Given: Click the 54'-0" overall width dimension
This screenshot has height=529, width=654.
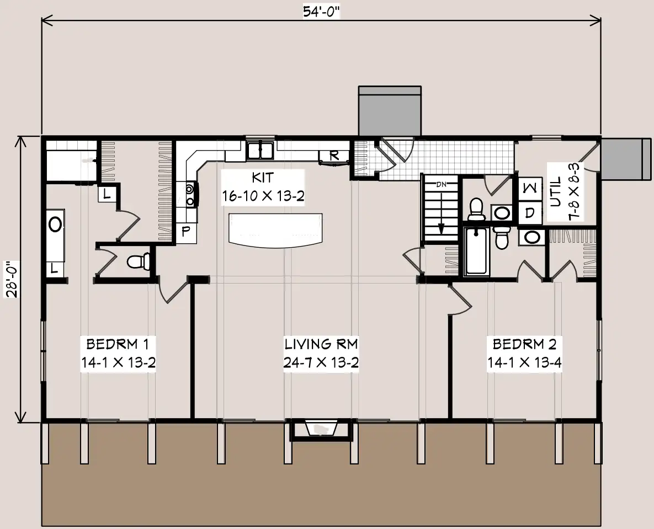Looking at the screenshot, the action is [x=321, y=12].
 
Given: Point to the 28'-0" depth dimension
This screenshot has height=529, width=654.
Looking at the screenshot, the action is [x=12, y=279].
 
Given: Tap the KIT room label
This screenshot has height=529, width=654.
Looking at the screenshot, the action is [x=263, y=178].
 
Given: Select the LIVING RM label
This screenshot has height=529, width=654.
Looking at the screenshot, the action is [x=321, y=344].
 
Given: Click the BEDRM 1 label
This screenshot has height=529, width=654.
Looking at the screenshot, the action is [x=118, y=344].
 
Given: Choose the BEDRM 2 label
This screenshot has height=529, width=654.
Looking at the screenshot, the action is [x=525, y=344].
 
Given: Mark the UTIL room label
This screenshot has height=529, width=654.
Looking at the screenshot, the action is [x=556, y=192].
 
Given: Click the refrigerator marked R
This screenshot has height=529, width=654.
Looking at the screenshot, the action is [x=334, y=156].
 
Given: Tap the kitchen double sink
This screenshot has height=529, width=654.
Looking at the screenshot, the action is [x=259, y=150].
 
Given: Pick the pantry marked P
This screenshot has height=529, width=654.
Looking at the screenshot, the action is [x=186, y=231].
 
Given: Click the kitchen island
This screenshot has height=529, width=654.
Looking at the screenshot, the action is [x=275, y=229].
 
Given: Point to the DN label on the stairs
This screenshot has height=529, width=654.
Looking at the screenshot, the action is [x=441, y=184].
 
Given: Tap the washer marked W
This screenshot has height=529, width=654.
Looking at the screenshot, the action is [x=530, y=189].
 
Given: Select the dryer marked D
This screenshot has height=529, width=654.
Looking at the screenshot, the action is [x=530, y=213].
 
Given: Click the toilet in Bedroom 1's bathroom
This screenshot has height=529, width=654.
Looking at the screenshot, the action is [x=138, y=261].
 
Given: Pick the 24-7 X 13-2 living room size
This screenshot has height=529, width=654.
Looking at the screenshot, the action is [x=321, y=362].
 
